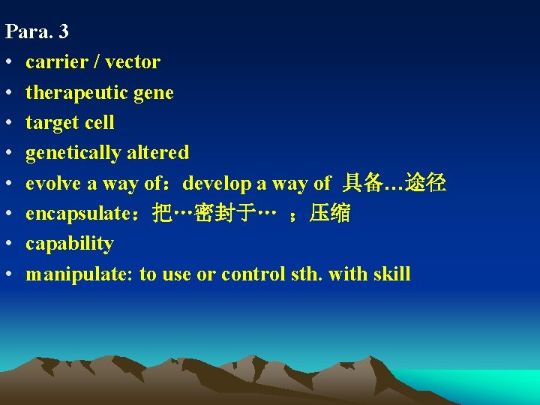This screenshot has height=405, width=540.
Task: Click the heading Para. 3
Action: [37, 31]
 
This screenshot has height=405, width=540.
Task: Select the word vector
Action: [133, 62]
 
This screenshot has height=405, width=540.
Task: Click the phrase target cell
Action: [70, 122]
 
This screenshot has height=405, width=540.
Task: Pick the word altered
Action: [157, 152]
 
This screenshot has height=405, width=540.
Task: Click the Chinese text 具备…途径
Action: [394, 183]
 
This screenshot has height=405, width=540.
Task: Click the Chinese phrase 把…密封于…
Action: [213, 214]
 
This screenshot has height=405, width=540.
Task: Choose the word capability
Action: [69, 244]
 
